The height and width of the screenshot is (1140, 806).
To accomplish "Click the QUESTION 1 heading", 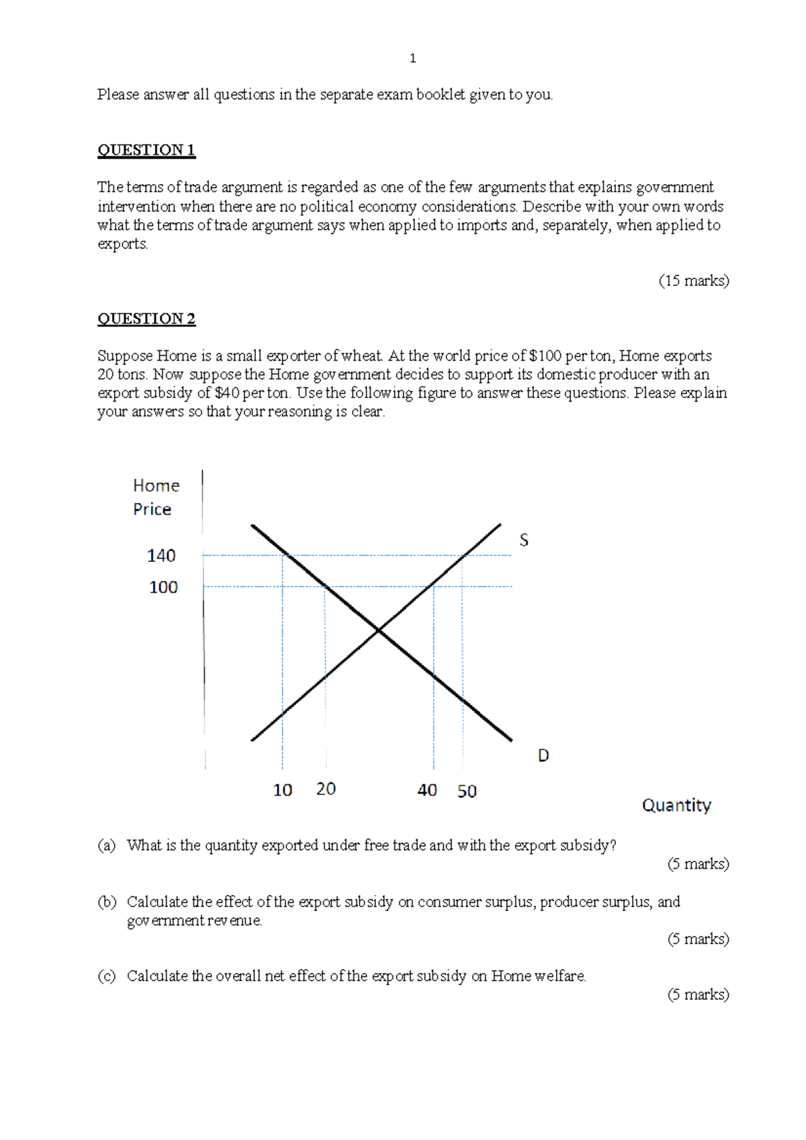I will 146,150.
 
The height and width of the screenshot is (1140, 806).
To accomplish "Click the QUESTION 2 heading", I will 146,318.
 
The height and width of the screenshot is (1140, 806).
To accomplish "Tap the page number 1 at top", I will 412,58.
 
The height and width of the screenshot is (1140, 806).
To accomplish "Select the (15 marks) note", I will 693,281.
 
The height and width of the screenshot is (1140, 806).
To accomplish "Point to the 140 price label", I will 161,555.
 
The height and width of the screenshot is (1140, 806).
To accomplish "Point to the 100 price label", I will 163,587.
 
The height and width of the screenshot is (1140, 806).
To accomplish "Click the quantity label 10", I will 282,790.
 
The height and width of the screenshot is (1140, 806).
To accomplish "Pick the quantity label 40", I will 427,790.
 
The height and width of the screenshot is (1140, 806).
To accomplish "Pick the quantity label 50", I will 467,791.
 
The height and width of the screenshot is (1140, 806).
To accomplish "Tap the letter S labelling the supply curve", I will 524,540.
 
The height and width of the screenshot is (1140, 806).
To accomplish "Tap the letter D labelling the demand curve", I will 543,755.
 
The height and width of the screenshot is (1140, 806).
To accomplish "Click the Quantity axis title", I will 676,805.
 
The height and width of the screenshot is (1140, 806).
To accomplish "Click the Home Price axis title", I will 156,497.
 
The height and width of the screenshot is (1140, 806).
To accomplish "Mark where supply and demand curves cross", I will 379,630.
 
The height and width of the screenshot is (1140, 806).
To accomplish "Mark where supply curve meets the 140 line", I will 463,555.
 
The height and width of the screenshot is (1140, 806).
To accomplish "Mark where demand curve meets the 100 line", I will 325,586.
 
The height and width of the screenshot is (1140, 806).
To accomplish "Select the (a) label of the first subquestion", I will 106,845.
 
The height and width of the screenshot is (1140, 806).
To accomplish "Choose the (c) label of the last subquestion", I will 106,976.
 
